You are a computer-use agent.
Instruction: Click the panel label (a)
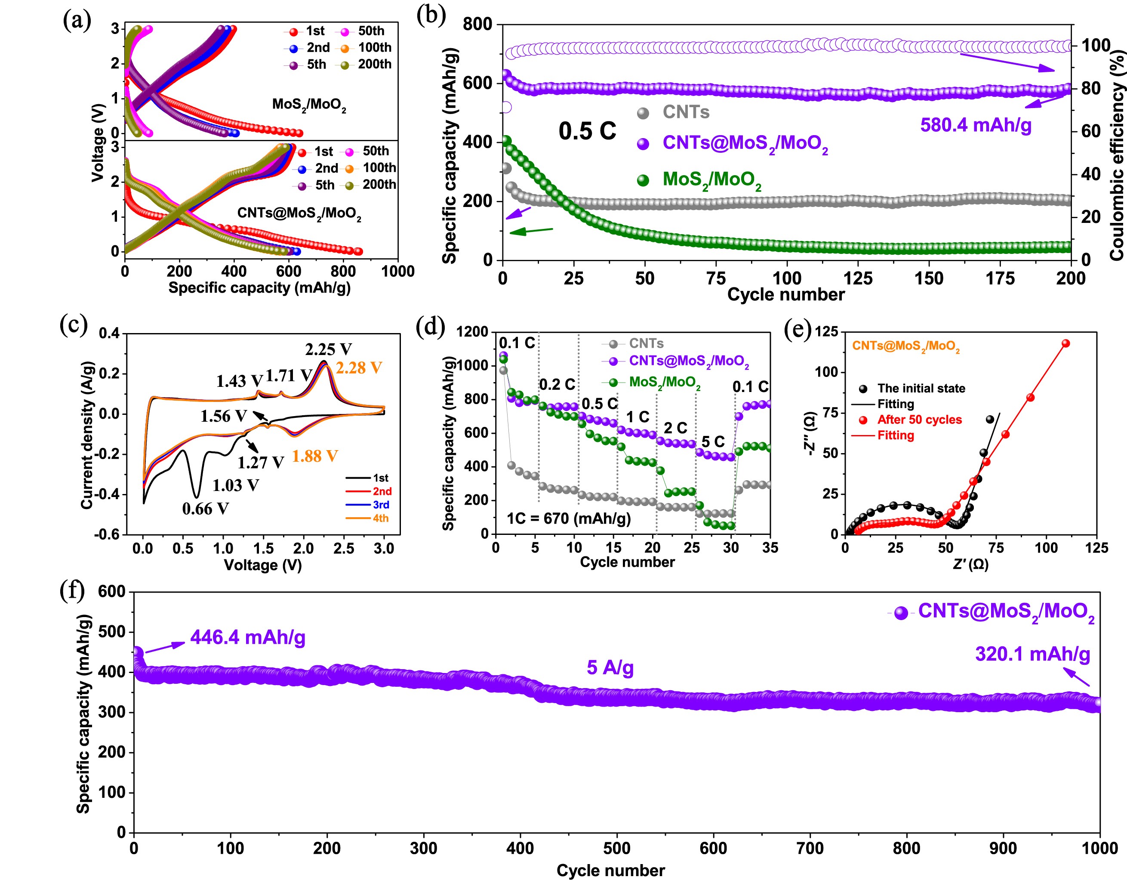77,21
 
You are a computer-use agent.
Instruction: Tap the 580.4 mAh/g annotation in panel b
975,125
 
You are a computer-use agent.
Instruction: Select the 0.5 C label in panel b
587,131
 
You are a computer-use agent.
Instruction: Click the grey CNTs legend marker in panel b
643,113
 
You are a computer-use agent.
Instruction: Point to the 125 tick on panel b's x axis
858,279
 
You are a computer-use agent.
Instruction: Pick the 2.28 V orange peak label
359,368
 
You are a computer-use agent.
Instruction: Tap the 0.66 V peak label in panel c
205,509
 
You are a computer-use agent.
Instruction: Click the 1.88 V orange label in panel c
315,456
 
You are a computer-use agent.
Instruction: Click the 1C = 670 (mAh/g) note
569,518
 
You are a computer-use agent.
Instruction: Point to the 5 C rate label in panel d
713,441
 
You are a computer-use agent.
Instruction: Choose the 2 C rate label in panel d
675,428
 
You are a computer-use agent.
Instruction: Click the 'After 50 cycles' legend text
920,420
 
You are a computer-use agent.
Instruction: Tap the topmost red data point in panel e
1065,343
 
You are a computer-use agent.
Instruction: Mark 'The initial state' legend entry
921,388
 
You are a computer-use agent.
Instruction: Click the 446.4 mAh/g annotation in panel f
248,638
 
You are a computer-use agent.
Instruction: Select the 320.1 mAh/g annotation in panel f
1032,655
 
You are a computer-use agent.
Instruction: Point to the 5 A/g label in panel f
610,668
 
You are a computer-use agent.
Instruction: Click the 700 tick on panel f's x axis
810,848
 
